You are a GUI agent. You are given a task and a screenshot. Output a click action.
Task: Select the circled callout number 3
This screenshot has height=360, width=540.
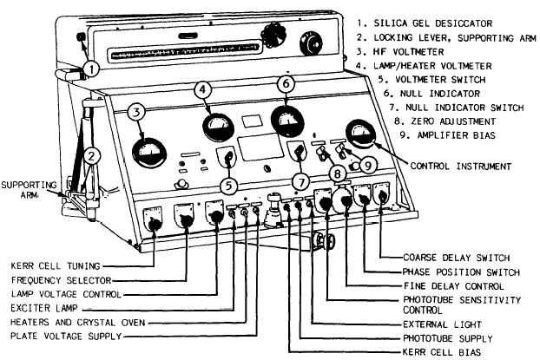135,112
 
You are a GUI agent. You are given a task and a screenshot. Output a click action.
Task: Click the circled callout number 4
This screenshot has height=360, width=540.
201,89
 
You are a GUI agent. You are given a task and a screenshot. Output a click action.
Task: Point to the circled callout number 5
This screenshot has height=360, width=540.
230,184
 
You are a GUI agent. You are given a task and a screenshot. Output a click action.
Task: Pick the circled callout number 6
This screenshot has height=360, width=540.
285,83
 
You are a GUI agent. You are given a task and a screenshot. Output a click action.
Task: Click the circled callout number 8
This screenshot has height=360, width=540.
338,173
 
